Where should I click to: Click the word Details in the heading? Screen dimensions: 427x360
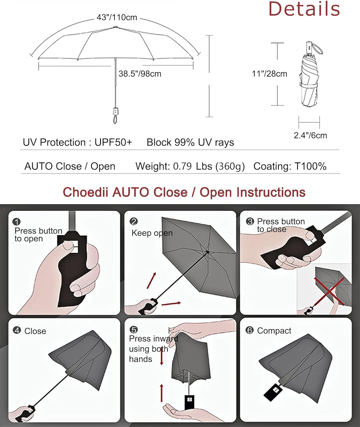click(304, 9)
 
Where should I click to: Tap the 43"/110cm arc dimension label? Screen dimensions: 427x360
click(117, 18)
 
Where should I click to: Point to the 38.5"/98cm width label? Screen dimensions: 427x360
click(140, 74)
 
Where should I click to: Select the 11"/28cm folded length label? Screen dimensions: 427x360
click(269, 74)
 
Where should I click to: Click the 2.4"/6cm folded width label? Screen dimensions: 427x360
click(310, 136)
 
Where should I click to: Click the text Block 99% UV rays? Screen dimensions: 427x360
click(190, 142)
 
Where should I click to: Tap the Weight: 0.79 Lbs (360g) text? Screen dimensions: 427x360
click(190, 166)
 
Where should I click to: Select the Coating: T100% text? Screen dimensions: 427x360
click(290, 166)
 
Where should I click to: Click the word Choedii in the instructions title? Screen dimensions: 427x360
click(85, 192)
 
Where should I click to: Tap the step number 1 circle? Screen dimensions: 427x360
click(17, 222)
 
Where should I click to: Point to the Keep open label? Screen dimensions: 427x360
click(152, 233)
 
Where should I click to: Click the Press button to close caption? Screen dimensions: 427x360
click(281, 225)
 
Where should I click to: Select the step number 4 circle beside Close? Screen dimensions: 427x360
click(17, 330)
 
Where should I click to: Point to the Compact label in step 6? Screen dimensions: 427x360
click(274, 331)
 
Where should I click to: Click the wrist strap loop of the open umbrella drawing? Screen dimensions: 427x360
click(115, 119)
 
